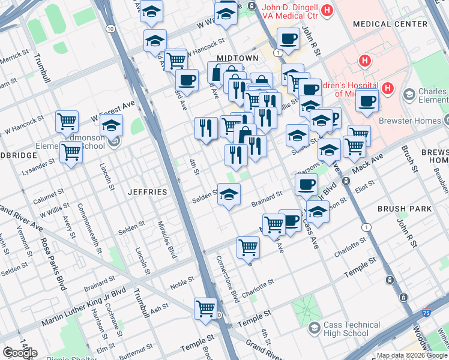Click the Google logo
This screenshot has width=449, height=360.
20,353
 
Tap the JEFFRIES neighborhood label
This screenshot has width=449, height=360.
148,192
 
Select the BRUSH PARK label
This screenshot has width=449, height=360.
404,209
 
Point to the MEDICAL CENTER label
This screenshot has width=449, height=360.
390,24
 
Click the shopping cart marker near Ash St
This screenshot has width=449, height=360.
205,308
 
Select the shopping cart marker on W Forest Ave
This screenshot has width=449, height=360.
67,121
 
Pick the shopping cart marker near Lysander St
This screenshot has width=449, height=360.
71,152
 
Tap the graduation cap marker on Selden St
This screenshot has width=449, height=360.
229,194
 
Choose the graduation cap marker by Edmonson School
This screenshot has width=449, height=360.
111,127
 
